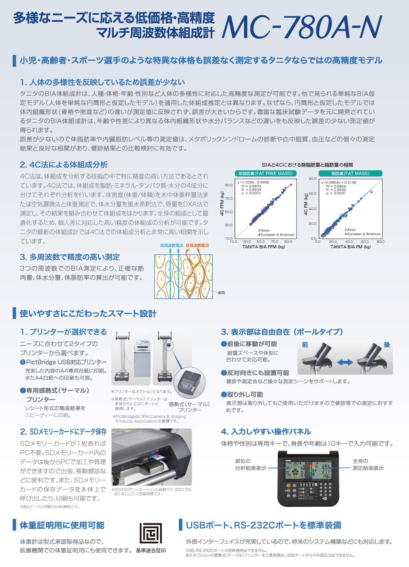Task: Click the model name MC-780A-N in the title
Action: (301, 27)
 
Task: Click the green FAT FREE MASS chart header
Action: (265, 173)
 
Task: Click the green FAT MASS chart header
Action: (350, 173)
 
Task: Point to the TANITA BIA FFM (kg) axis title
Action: (263, 247)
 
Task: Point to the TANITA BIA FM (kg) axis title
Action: (351, 247)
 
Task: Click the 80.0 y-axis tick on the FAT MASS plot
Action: (312, 179)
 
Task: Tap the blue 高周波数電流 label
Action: (171, 246)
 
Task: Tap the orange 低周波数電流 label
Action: (197, 246)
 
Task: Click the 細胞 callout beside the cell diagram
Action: (221, 293)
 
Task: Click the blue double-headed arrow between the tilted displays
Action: (345, 362)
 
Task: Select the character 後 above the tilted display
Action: (387, 345)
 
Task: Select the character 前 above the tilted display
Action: (305, 345)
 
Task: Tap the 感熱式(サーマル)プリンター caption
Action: (189, 407)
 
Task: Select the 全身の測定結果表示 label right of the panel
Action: (368, 464)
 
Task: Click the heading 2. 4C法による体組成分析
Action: (64, 165)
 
